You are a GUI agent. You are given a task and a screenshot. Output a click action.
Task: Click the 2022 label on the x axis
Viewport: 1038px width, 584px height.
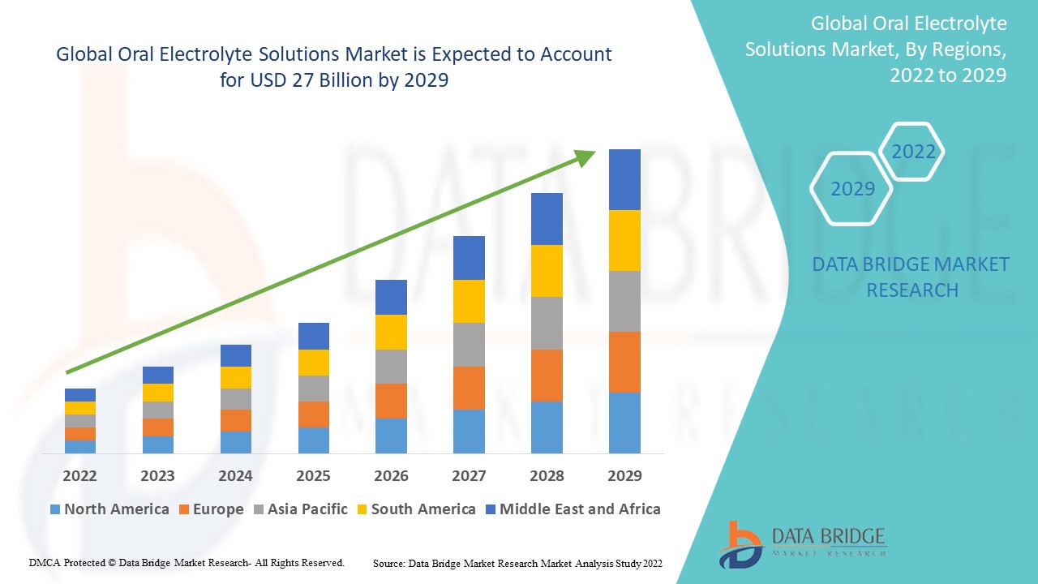point(79,475)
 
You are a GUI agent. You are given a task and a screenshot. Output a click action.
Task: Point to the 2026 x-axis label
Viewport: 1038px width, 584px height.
point(391,475)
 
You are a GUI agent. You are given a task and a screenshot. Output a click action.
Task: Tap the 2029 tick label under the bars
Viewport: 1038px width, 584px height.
point(624,475)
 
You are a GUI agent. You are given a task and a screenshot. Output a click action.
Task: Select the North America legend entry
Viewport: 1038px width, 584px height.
point(109,509)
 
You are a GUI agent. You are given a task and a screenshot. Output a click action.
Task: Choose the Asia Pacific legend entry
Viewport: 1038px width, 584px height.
point(301,509)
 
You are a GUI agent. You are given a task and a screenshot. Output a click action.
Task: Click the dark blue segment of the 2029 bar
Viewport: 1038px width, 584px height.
point(624,179)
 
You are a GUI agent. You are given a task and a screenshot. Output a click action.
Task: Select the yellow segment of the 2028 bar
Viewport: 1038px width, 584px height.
point(547,271)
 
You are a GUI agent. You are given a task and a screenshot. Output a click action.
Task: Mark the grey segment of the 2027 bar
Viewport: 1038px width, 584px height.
point(469,345)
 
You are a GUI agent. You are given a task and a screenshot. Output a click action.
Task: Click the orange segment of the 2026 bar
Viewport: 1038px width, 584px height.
point(391,401)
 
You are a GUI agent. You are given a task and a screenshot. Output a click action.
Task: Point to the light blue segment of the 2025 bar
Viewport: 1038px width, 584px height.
point(313,440)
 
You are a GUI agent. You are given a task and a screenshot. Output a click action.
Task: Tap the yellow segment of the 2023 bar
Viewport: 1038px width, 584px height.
point(157,393)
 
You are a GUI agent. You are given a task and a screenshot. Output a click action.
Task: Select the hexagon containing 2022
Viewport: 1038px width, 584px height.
point(913,152)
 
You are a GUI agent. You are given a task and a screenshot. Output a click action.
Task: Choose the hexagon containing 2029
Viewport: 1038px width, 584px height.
point(852,189)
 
